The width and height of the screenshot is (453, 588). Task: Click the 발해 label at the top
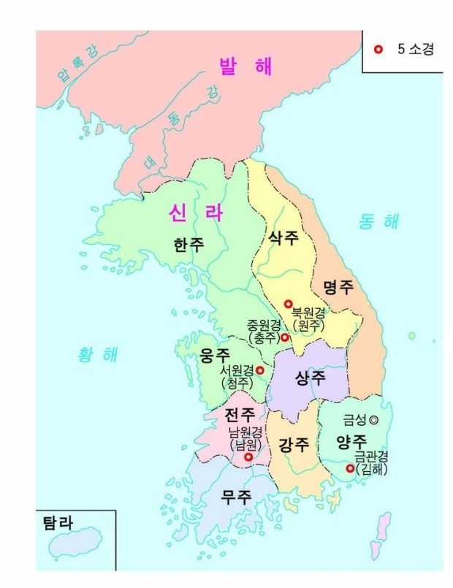pos(245,66)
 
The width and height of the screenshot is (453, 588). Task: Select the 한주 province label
pos(189,245)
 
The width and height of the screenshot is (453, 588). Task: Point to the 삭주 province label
pos(284,237)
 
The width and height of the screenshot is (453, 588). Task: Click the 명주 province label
pos(338,286)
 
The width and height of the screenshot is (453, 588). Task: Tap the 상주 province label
pos(311,378)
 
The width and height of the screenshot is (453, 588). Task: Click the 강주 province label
pos(294,444)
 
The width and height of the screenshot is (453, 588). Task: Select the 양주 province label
pos(351,441)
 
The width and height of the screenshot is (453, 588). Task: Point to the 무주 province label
pos(237,498)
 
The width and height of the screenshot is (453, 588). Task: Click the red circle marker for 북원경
pos(288,304)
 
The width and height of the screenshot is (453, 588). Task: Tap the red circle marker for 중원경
pos(285,337)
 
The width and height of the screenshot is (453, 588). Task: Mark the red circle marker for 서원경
pos(259,370)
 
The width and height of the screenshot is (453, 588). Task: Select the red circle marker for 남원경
pos(248,457)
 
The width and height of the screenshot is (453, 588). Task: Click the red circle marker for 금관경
pos(350,468)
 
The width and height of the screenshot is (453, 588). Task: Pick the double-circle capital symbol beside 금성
pos(374,420)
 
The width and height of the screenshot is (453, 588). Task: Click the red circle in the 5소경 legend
pos(378,50)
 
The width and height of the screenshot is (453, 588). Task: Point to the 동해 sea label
pos(379,221)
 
